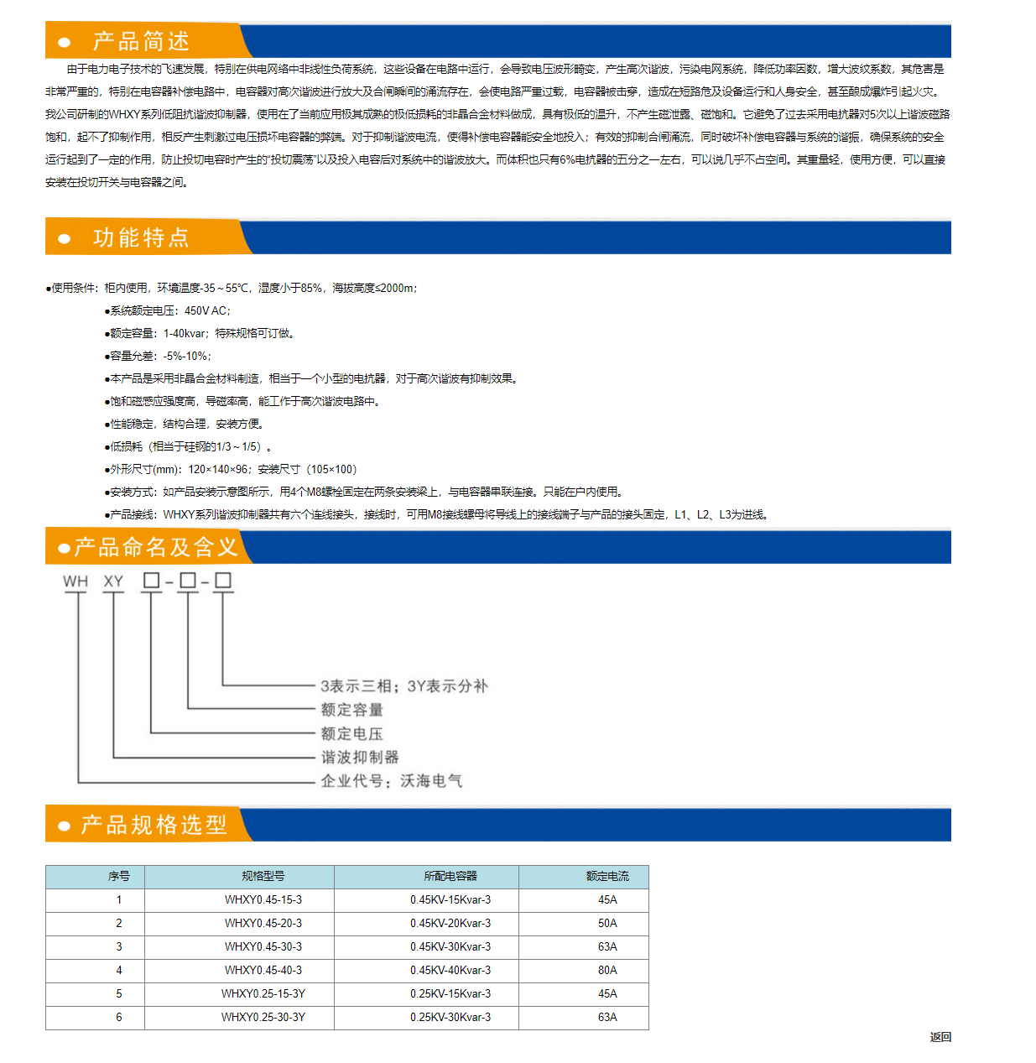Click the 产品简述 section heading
point(141,41)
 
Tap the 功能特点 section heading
point(141,237)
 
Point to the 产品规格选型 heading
point(154,825)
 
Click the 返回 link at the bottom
point(940,1037)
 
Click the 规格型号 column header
point(263,876)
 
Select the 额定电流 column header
point(607,876)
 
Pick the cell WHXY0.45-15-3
point(263,899)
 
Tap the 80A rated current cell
point(607,970)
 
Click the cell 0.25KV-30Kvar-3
point(450,1017)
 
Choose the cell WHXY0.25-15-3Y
point(263,993)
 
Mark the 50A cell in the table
point(607,923)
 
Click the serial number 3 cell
point(119,946)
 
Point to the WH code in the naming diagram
point(75,581)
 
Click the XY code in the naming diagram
point(113,581)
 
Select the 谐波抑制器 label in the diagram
point(360,757)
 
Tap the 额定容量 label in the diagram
point(351,710)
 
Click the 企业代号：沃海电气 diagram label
point(391,781)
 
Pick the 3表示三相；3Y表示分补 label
point(403,686)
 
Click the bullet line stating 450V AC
point(168,310)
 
